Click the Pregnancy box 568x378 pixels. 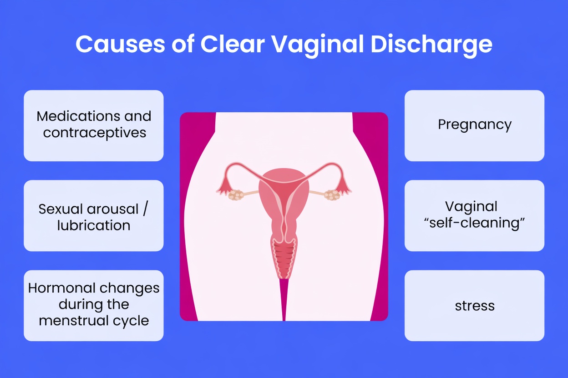[x=474, y=125]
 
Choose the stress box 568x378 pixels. [x=474, y=305]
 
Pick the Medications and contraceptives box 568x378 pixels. [x=94, y=125]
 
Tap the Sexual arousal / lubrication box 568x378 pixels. [x=94, y=216]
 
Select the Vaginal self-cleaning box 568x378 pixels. [x=474, y=216]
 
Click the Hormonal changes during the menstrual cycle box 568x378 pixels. [x=94, y=305]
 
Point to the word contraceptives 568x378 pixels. [x=95, y=133]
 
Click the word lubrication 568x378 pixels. [x=94, y=225]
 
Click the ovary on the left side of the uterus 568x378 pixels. [x=235, y=195]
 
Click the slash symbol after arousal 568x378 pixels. [x=146, y=209]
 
